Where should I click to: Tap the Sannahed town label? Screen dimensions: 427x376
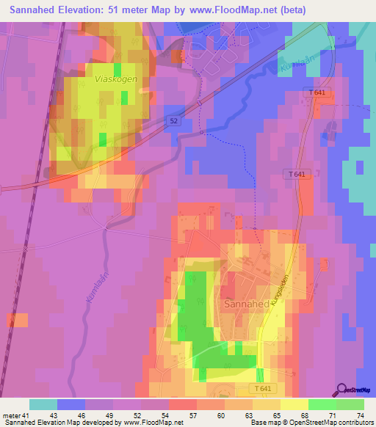click(x=243, y=303)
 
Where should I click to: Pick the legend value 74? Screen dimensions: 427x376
click(x=361, y=416)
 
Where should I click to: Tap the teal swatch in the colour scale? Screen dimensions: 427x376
click(x=43, y=404)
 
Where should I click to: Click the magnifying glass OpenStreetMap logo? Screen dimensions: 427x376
click(x=342, y=390)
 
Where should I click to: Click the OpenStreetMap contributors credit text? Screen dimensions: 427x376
click(x=324, y=423)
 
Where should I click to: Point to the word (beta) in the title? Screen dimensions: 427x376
click(x=289, y=10)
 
